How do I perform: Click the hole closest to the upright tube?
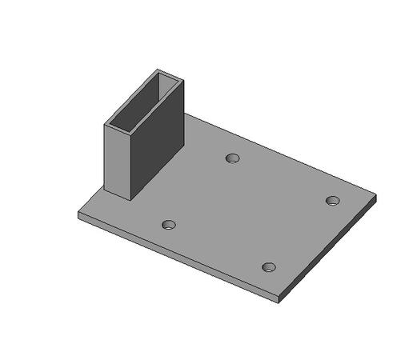tap(232, 158)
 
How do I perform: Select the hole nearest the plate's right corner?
tap(333, 200)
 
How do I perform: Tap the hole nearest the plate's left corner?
tap(168, 225)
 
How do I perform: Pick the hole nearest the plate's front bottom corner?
tap(269, 266)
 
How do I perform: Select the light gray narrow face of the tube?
tap(117, 160)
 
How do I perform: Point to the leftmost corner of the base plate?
tap(78, 214)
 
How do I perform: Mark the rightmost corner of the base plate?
tap(375, 195)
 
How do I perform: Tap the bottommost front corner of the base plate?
tap(279, 301)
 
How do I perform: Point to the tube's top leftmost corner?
tap(105, 124)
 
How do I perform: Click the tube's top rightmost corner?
tap(183, 80)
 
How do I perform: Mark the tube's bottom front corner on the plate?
tap(130, 198)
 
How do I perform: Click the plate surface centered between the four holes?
tap(251, 212)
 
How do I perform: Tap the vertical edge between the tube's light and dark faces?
tap(130, 164)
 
